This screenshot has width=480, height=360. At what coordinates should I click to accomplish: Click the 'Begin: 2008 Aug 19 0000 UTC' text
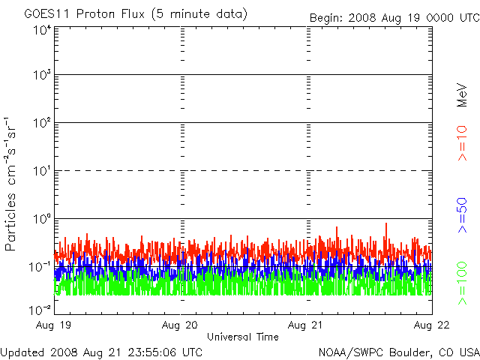(x=394, y=18)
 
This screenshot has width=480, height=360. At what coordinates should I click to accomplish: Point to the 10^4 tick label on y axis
(x=42, y=31)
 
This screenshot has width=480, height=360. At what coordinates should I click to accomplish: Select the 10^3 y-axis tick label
(x=42, y=75)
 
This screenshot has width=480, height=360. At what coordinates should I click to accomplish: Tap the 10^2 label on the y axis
(x=42, y=123)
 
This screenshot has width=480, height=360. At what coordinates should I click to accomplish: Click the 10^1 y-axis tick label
(x=42, y=171)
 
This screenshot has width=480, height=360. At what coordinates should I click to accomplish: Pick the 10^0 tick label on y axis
(x=42, y=219)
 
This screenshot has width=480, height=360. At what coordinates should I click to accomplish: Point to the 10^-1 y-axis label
(x=40, y=267)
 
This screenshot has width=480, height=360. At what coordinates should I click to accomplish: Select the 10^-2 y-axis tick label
(x=40, y=310)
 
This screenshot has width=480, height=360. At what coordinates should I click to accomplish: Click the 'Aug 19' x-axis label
(x=53, y=325)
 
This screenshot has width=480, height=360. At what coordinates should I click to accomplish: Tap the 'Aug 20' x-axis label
(x=180, y=325)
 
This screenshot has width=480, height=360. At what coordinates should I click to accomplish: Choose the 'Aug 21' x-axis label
(x=305, y=325)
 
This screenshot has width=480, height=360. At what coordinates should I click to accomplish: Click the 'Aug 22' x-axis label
(x=432, y=325)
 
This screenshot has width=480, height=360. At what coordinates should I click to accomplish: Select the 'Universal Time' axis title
(x=243, y=337)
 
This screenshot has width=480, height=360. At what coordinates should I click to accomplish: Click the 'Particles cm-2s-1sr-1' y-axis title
(x=10, y=184)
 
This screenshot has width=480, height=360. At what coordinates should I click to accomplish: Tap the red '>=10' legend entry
(x=463, y=143)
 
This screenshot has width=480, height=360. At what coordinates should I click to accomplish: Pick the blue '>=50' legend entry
(x=463, y=215)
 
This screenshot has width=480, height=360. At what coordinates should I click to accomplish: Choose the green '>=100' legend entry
(x=463, y=283)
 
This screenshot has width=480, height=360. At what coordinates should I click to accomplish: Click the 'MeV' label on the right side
(x=462, y=95)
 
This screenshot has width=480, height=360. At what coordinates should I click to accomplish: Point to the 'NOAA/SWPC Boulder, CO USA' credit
(x=399, y=352)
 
